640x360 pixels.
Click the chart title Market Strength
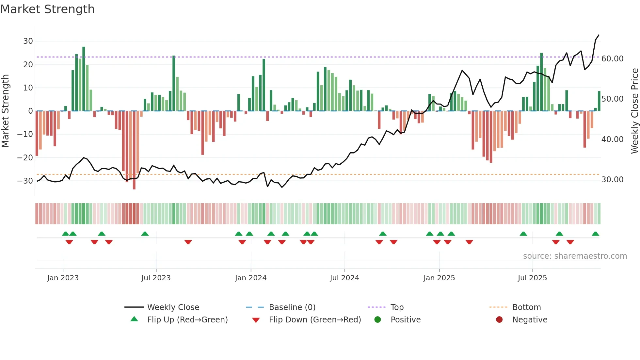47,9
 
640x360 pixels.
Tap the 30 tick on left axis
28,41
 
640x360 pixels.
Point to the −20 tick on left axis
25,158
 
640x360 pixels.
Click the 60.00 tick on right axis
612,59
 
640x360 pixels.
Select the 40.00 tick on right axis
612,139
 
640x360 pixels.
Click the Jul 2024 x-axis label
344,278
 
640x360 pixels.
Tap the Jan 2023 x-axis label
63,278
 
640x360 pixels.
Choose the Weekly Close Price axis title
634,111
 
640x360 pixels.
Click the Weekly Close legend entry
173,307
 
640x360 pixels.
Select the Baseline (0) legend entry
292,307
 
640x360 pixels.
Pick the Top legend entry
397,307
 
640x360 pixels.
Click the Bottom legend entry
526,307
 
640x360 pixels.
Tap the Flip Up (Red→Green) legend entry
187,320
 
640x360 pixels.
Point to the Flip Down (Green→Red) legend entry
315,320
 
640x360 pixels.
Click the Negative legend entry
529,320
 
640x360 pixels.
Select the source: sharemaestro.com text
575,256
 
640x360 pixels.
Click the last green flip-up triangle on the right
595,234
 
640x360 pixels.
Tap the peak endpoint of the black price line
599,35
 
